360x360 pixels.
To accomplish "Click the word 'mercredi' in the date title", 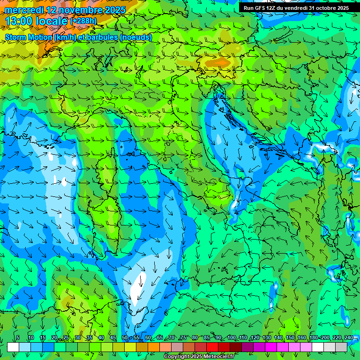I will (x=23, y=10).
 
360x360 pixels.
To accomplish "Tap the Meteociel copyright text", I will (x=199, y=357).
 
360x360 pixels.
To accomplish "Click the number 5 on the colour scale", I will (x=18, y=337).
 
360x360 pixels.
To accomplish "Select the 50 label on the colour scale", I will (x=124, y=337).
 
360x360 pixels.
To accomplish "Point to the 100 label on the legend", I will (x=231, y=337).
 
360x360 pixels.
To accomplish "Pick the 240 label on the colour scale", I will (x=348, y=337).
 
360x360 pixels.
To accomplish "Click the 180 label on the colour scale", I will (x=313, y=337).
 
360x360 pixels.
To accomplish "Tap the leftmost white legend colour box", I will (x=13, y=347).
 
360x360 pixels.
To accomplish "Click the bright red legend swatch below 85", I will (x=212, y=347).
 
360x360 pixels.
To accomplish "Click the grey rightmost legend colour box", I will (x=341, y=347).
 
